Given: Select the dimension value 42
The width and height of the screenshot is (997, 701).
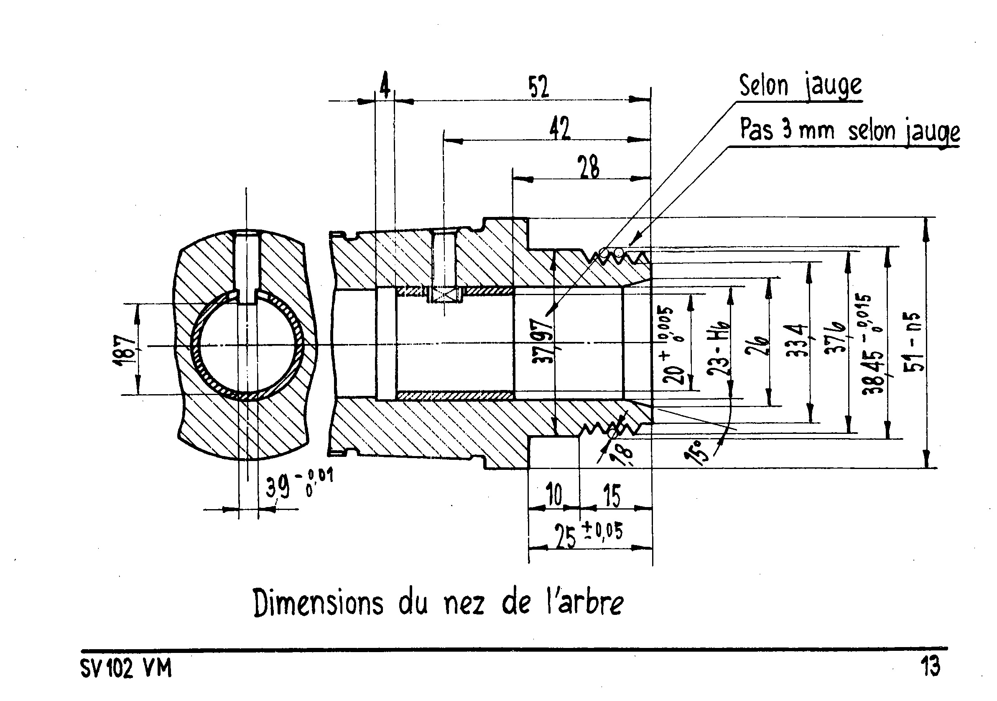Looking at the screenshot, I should click(x=560, y=128).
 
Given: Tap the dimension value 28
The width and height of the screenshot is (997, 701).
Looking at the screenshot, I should click(x=589, y=167).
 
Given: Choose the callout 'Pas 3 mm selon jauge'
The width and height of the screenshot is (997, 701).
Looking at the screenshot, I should click(x=849, y=130).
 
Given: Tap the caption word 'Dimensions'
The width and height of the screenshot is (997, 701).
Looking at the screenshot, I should click(x=318, y=603).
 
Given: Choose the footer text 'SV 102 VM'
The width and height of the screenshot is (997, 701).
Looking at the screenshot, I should click(x=126, y=668).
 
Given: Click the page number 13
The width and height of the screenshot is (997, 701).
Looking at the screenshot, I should click(x=930, y=666).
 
